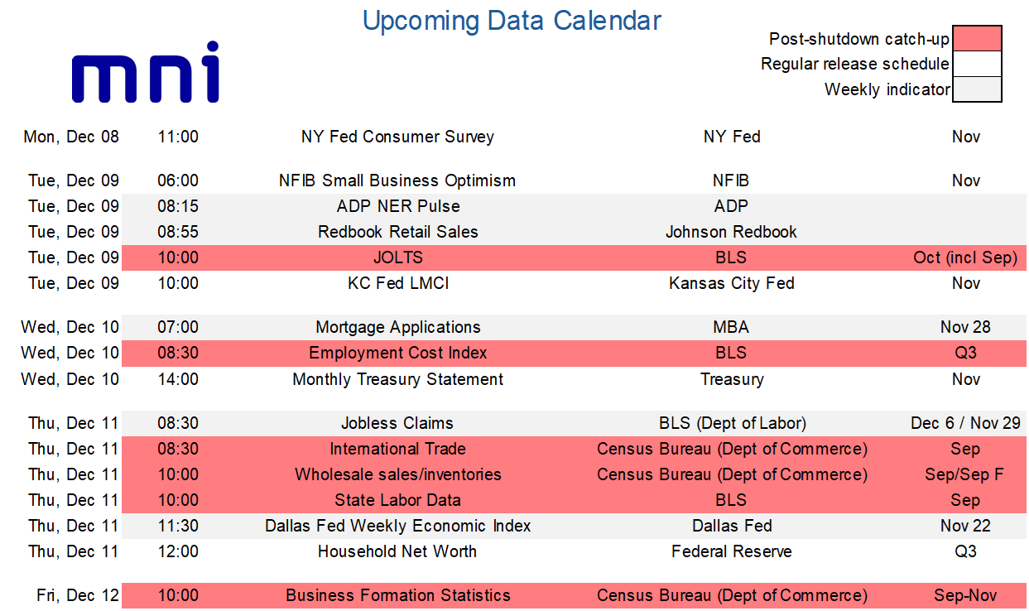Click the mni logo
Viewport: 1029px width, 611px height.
pos(145,72)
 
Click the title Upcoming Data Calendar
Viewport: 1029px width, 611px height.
pos(512,21)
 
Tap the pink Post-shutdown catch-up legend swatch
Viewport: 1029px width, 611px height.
pos(977,39)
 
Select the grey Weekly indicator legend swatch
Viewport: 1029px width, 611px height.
pos(977,89)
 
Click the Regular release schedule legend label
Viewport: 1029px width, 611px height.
pos(854,64)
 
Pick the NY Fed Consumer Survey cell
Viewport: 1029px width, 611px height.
pos(397,137)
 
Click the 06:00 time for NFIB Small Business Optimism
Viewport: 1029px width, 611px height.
pos(178,180)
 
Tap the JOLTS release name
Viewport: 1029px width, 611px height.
pos(398,257)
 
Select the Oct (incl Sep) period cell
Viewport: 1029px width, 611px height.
pos(965,257)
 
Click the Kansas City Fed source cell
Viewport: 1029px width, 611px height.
pos(731,283)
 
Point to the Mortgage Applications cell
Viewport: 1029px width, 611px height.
pos(398,328)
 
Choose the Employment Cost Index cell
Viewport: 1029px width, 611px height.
pos(398,353)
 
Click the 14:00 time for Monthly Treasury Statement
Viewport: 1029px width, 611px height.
pos(178,379)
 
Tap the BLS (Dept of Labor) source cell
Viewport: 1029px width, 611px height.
pos(733,423)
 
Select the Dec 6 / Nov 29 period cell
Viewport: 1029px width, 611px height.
pos(965,423)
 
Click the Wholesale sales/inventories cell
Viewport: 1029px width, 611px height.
pos(398,474)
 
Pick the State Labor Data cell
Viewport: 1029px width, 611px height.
pos(398,500)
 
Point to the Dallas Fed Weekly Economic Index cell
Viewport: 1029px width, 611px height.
pos(398,526)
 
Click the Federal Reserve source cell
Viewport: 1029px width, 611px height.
pos(731,551)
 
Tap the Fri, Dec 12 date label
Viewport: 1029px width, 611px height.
pos(78,596)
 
